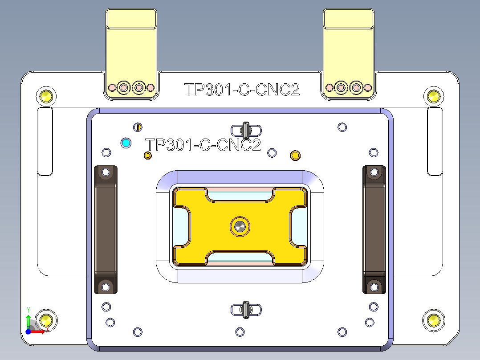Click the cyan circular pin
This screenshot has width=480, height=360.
point(126,143)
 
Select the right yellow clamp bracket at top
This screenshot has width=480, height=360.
point(349,49)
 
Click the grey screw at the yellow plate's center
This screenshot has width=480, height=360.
point(240,226)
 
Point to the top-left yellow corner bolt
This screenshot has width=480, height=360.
point(45,96)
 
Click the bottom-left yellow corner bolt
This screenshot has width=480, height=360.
point(45,319)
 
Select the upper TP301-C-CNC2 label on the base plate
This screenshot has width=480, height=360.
point(242,90)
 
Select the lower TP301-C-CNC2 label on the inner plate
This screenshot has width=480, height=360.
point(203,145)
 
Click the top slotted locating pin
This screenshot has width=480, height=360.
point(246,130)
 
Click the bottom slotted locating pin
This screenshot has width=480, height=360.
point(246,310)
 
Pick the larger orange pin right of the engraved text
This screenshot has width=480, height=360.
point(295,155)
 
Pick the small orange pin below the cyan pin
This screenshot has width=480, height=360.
point(148,155)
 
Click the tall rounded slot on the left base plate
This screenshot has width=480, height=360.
point(45,141)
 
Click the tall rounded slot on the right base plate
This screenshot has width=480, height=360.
point(435,141)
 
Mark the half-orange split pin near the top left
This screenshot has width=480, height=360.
point(138,127)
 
